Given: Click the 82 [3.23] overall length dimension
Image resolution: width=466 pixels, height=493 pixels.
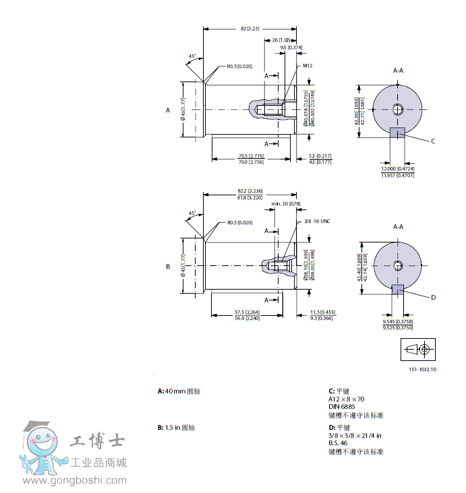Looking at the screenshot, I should tap(250, 29).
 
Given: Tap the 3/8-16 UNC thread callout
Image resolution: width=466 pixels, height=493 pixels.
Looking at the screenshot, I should tap(316, 221).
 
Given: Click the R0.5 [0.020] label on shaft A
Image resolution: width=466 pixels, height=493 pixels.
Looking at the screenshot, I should tap(239, 67).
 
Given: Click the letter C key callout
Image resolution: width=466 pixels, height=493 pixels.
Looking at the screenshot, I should tap(433, 141).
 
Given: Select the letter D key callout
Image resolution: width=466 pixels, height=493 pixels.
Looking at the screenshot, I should tap(433, 297).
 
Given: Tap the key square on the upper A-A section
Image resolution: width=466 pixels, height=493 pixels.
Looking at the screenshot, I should tap(398, 132).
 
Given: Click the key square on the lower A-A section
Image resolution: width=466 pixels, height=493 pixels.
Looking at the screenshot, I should tap(398, 290).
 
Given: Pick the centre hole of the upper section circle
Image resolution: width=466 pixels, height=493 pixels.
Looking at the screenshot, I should tap(399, 109).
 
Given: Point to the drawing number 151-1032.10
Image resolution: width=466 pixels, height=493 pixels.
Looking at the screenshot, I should tap(422, 370).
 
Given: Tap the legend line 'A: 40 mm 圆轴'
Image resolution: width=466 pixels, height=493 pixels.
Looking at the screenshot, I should tap(179, 391).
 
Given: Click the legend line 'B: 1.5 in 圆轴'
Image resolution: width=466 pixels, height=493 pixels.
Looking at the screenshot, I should tap(176, 427).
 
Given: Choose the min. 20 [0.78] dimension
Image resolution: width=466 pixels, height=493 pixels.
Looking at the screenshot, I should tap(286, 203).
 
